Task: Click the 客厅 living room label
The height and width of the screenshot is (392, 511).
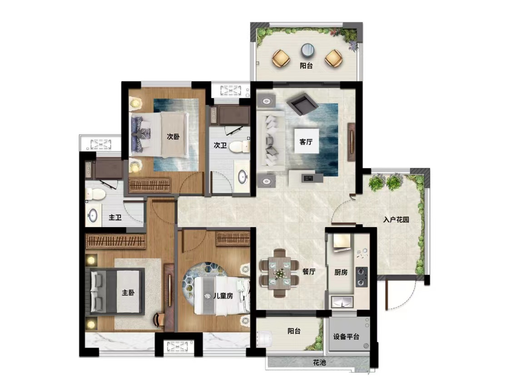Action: point(306,142)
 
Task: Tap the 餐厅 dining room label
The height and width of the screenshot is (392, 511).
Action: point(308,272)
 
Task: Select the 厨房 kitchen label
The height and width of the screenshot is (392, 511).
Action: point(341,272)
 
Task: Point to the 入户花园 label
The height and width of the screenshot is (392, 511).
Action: point(396,220)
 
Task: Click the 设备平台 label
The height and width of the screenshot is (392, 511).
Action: point(346,337)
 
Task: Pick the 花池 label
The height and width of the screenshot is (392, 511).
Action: point(319,362)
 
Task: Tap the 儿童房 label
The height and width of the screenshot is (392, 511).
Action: point(223,296)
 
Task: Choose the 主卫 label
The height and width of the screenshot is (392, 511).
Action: point(115,217)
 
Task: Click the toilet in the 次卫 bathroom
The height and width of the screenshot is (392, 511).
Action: point(239,147)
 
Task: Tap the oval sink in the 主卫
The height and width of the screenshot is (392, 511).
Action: point(93,215)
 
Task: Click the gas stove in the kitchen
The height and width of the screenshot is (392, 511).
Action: point(362,277)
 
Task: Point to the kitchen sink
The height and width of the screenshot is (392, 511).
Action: point(342,302)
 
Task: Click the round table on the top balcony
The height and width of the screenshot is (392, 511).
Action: point(308,50)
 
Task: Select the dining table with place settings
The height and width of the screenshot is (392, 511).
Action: point(279,273)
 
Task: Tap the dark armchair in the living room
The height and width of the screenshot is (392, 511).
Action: point(303,103)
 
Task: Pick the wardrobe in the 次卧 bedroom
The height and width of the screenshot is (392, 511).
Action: point(149,185)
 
